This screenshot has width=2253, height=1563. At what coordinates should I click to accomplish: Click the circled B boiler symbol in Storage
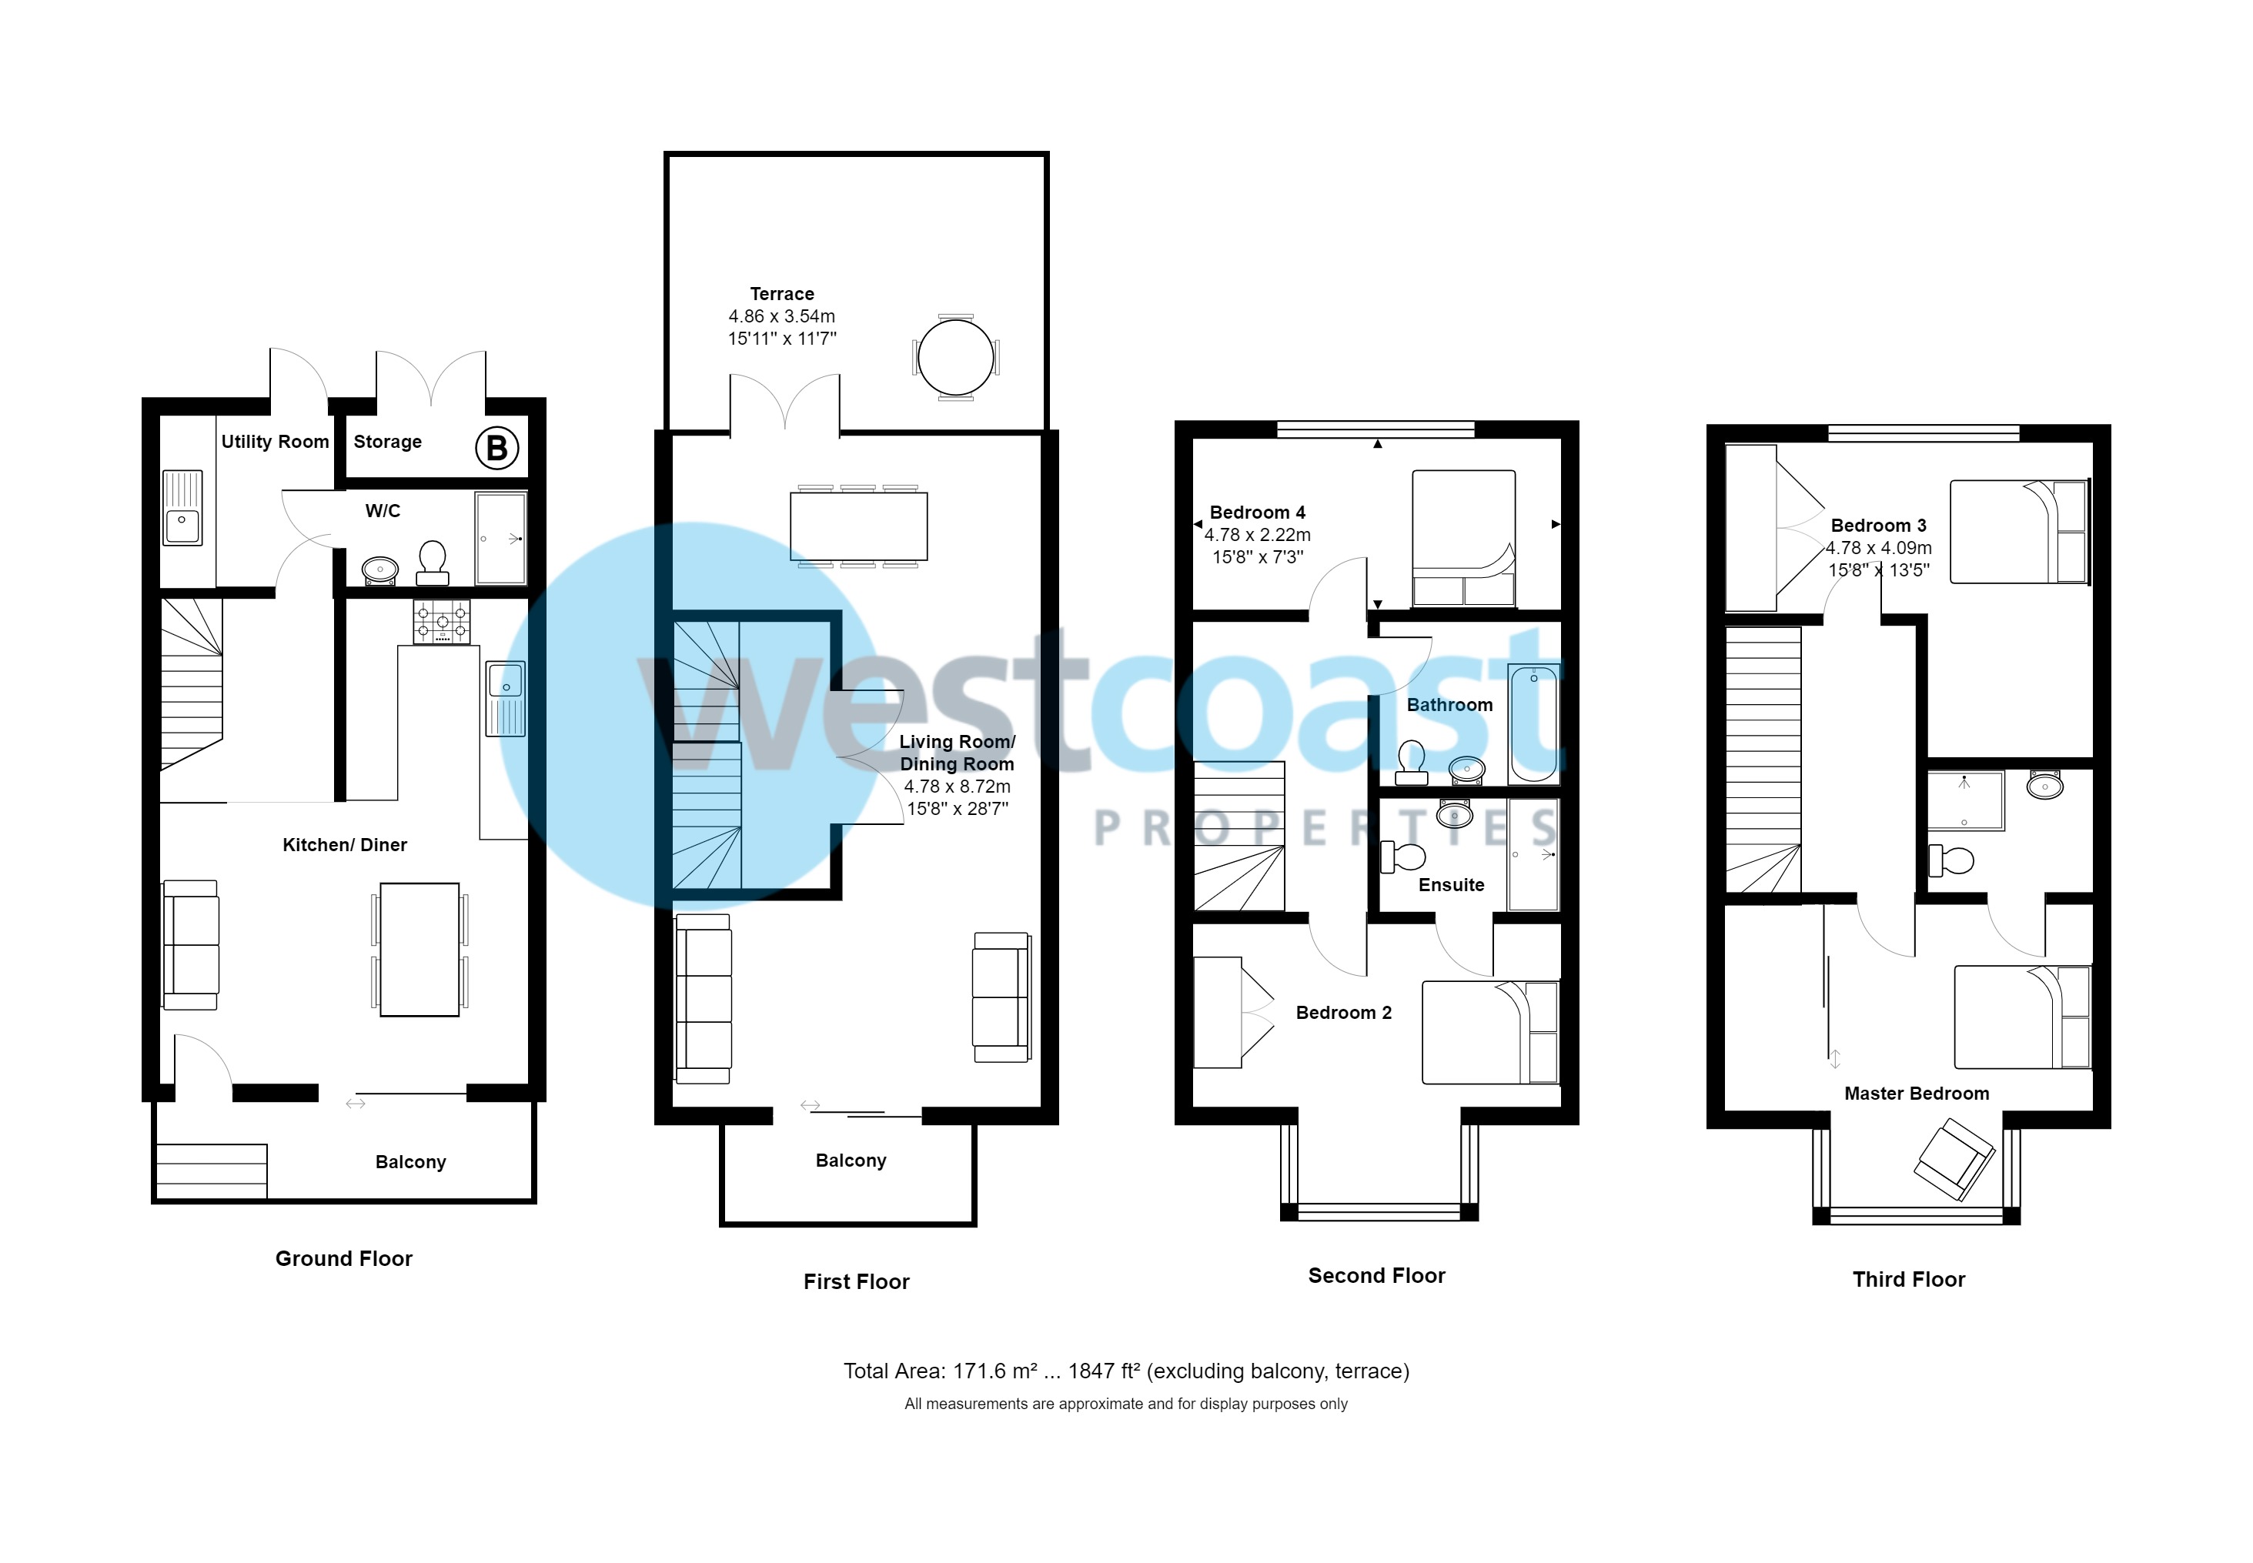496,448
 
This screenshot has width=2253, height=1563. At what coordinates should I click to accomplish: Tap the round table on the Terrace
955,357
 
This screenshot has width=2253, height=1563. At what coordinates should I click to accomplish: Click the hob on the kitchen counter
441,621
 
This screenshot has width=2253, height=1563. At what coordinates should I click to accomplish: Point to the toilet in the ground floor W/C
432,562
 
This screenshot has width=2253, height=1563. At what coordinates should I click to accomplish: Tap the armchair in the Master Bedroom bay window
1954,1160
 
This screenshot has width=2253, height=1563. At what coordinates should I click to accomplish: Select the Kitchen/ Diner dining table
420,949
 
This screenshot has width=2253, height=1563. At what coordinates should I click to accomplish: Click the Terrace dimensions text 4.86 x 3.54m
782,316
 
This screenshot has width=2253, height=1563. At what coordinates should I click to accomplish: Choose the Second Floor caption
1376,1275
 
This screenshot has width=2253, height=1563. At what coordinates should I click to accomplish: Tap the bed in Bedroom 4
1463,538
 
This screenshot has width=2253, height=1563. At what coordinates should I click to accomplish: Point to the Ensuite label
1451,885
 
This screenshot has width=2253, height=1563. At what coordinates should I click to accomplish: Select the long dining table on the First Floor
858,526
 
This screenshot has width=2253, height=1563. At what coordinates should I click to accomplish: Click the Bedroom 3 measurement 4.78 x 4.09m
1879,547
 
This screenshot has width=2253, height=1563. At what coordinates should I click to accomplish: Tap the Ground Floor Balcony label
410,1161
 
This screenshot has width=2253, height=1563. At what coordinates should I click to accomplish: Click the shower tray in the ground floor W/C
500,538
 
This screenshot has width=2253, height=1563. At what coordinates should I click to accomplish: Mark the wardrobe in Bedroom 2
1218,1012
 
